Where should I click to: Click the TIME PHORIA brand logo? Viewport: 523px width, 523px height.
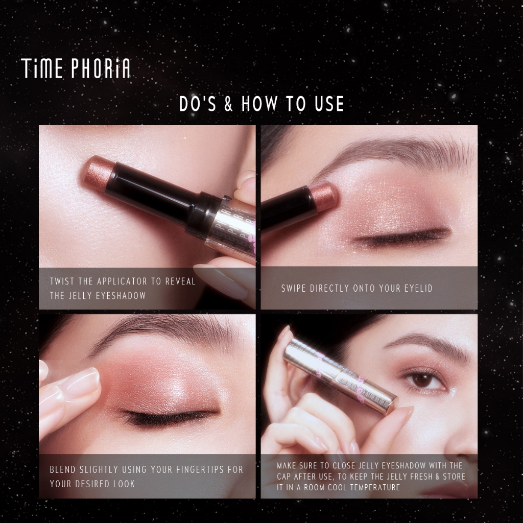(x=76, y=68)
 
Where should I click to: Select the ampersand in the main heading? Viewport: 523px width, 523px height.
(x=228, y=104)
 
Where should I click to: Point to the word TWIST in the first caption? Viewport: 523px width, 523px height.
(x=62, y=281)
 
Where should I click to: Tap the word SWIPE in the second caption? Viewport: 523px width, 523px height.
(x=294, y=288)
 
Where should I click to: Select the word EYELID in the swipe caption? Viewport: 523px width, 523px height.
(x=418, y=288)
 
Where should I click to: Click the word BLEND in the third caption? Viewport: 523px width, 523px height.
(x=63, y=470)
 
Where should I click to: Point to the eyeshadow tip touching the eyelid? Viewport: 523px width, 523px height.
(x=323, y=195)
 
